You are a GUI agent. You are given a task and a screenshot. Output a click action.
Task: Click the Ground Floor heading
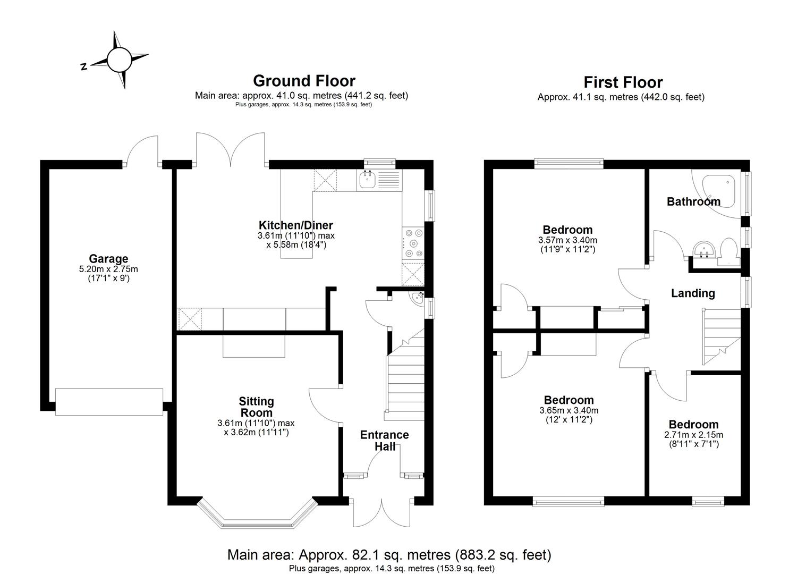pyautogui.click(x=304, y=81)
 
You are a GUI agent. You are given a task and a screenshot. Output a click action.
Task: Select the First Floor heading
pyautogui.click(x=623, y=82)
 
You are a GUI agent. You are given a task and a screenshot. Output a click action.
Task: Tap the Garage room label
pyautogui.click(x=108, y=259)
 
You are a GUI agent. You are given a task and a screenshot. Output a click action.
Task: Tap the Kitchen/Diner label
pyautogui.click(x=296, y=225)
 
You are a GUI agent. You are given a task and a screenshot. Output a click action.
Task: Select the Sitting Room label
pyautogui.click(x=256, y=407)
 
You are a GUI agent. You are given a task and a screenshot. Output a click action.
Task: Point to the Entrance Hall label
pyautogui.click(x=385, y=441)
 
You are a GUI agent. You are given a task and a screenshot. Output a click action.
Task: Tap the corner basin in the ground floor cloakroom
pyautogui.click(x=417, y=298)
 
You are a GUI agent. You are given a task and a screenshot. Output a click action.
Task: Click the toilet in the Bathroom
pyautogui.click(x=727, y=252)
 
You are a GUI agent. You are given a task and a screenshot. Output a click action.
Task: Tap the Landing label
pyautogui.click(x=693, y=293)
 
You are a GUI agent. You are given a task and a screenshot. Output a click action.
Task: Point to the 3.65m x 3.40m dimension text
pyautogui.click(x=569, y=411)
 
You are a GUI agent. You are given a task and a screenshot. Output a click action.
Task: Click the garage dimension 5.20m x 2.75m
pyautogui.click(x=108, y=269)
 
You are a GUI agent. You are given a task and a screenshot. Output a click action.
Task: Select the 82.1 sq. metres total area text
pyautogui.click(x=389, y=555)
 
